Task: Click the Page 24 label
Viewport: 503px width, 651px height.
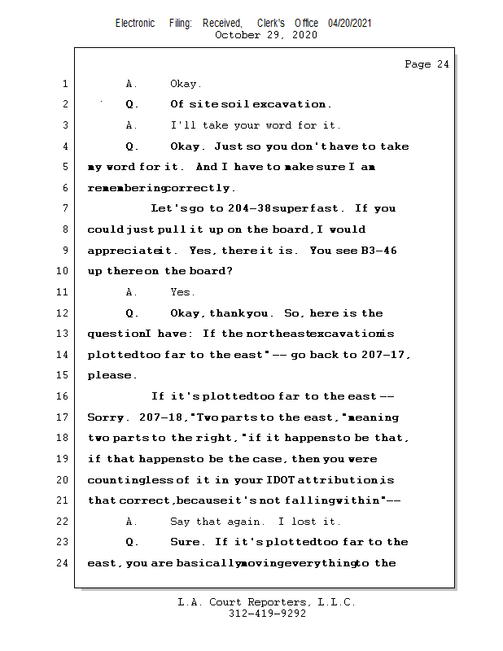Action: pos(426,64)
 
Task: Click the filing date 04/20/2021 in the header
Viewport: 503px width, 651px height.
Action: pos(350,24)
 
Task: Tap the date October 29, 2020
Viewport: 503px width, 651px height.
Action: pos(265,35)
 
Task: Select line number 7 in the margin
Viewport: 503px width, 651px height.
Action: pos(64,209)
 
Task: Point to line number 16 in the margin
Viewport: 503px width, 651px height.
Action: pos(62,396)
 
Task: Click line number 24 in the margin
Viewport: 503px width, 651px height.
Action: pos(62,563)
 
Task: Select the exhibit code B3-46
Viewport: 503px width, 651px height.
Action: pos(378,251)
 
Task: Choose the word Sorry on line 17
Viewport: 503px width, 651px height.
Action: pos(106,417)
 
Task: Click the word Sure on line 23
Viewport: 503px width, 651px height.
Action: pos(187,542)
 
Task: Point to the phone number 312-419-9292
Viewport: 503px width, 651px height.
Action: pos(267,614)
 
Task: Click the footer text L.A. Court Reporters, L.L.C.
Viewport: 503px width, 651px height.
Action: pos(266,602)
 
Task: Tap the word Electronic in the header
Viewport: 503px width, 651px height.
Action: pos(135,24)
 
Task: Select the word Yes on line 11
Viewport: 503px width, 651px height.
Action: pos(182,292)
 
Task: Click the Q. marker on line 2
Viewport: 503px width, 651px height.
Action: pos(132,104)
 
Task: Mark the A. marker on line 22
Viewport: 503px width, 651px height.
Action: pos(132,522)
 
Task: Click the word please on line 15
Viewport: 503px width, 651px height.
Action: pos(111,376)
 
